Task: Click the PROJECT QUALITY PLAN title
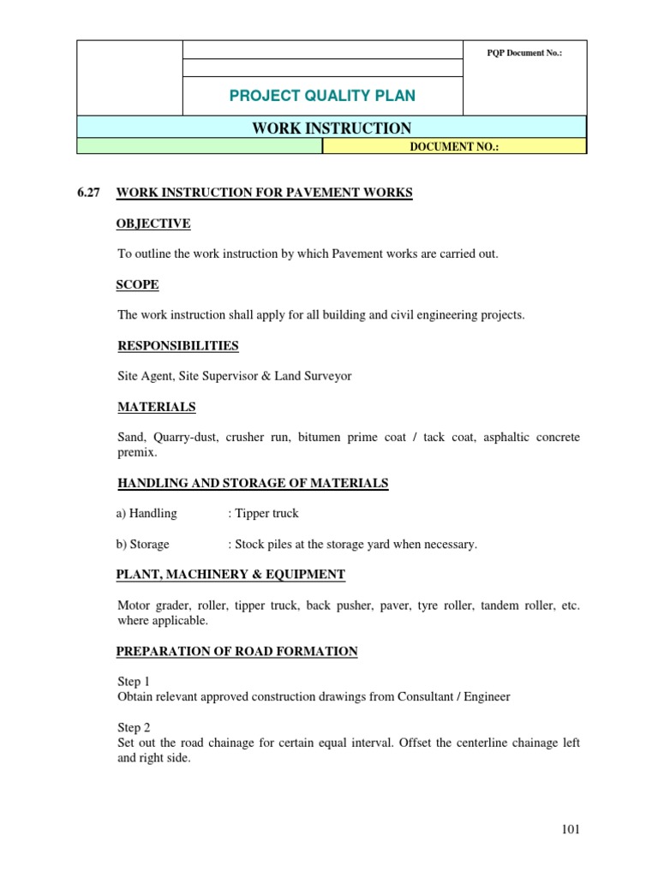click(x=322, y=95)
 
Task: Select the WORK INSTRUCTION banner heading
click(x=332, y=128)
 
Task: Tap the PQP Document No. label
click(x=524, y=53)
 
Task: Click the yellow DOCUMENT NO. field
click(x=454, y=147)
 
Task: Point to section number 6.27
click(x=89, y=194)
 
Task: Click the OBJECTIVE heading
click(x=153, y=224)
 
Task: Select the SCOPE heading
click(x=137, y=285)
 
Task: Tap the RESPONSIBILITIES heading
click(x=177, y=346)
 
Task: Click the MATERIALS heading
click(x=156, y=407)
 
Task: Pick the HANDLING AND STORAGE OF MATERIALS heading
click(x=252, y=484)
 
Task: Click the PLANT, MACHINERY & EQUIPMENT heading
click(x=230, y=575)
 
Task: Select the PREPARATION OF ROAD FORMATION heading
click(x=236, y=652)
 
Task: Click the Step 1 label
click(x=134, y=682)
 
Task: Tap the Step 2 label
click(x=134, y=728)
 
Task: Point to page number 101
click(x=571, y=829)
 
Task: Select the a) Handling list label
click(x=147, y=514)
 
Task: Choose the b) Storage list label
click(x=143, y=545)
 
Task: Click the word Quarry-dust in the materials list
click(x=187, y=438)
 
